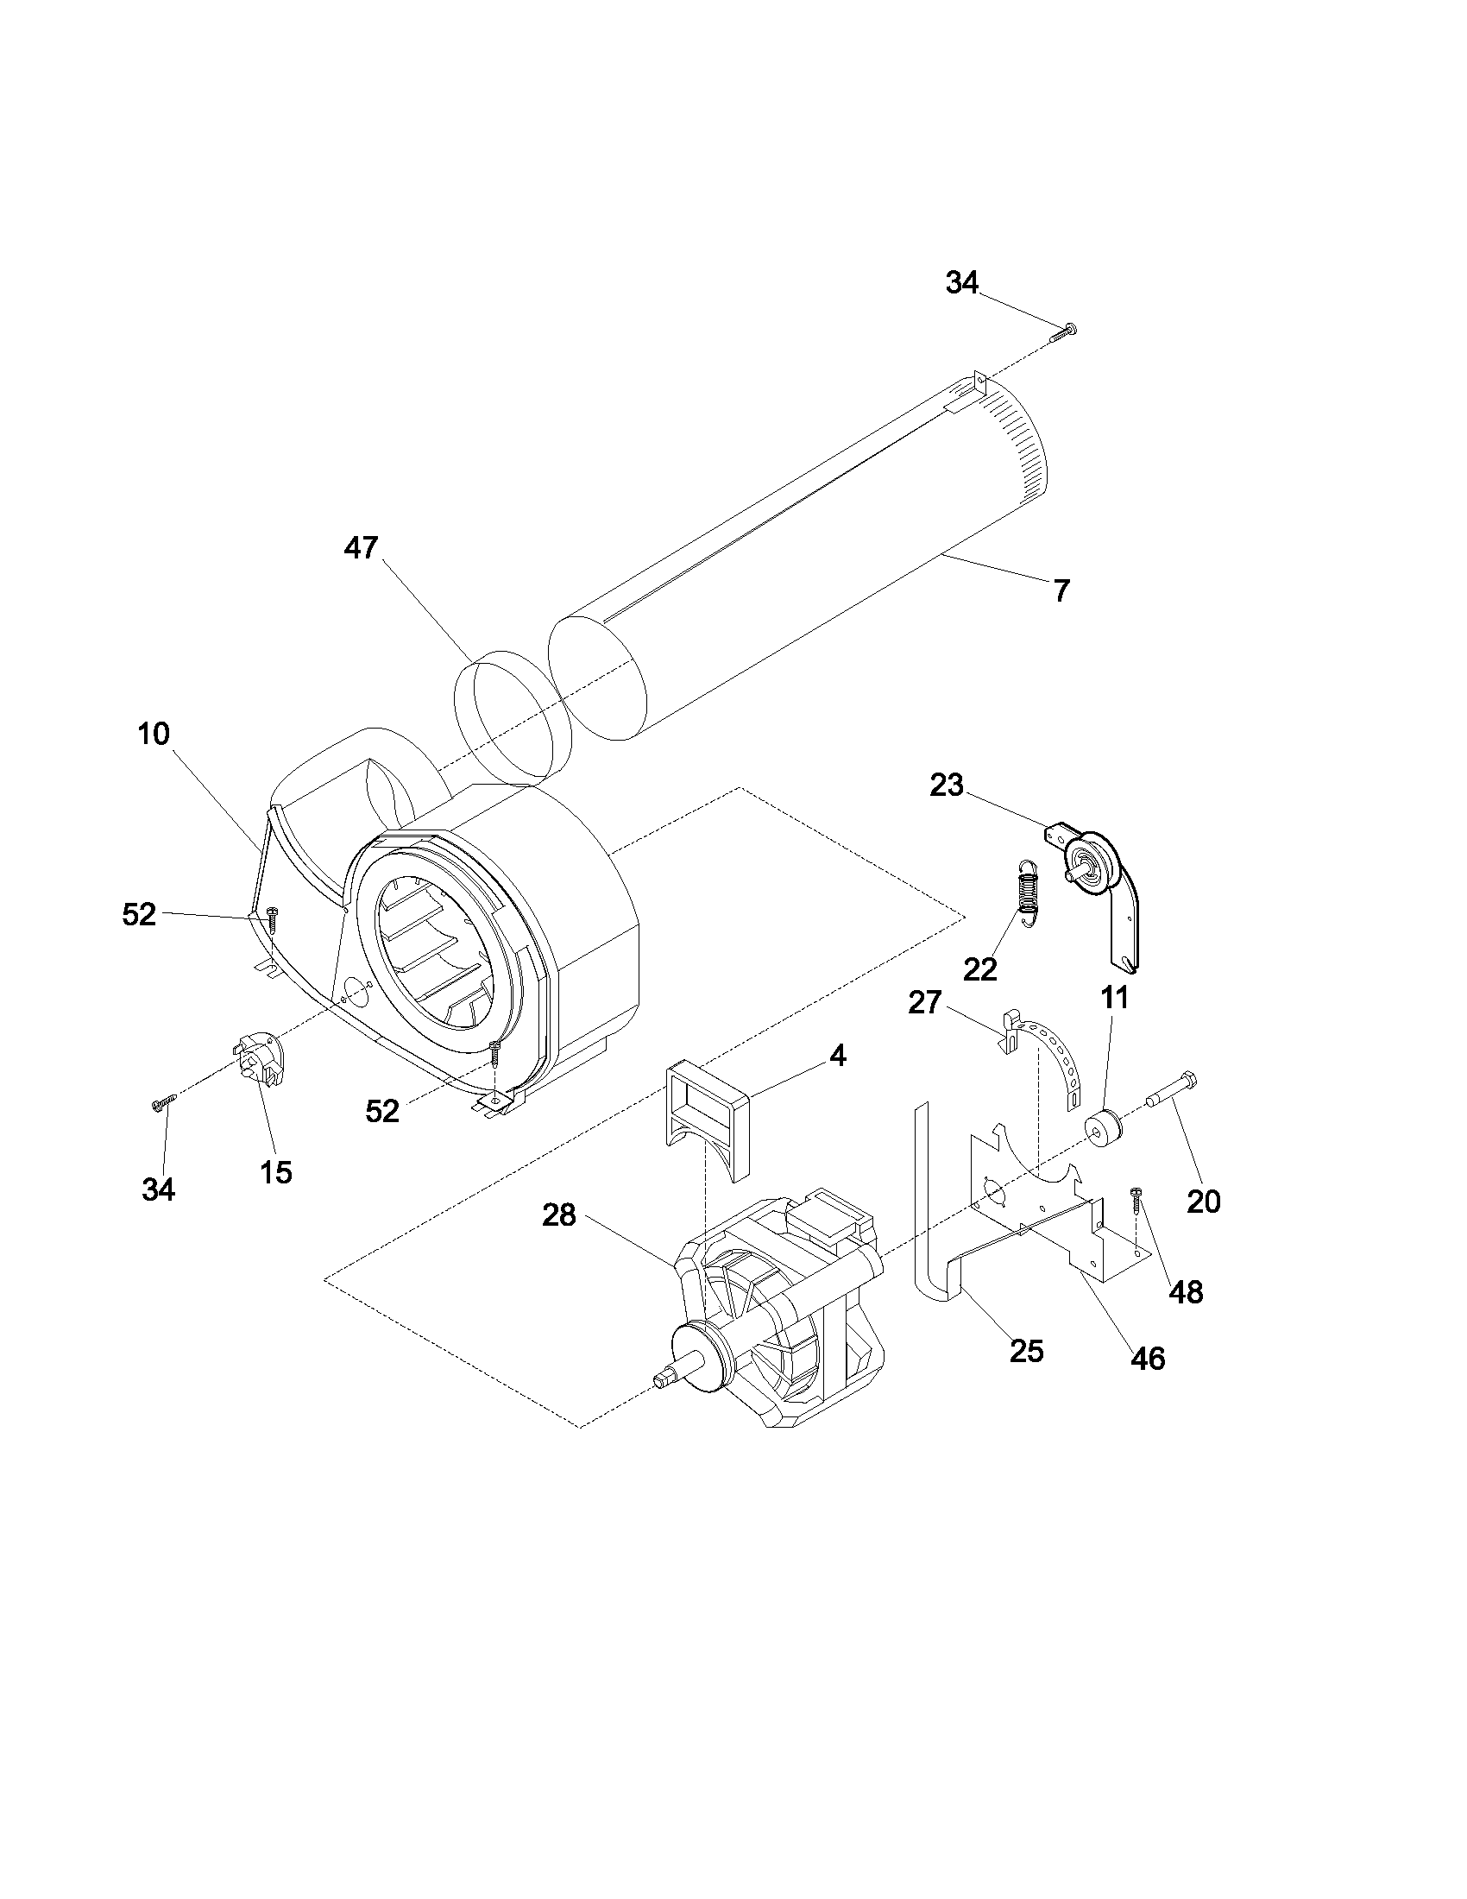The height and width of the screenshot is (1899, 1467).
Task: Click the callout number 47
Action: (361, 548)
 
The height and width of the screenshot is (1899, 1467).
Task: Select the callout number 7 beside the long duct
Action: (1061, 591)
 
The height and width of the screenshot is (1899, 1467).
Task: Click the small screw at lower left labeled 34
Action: (163, 1103)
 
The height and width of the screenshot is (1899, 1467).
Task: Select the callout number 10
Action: (153, 734)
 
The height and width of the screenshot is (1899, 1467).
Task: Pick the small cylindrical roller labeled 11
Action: (1105, 1131)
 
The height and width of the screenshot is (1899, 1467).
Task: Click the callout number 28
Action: (559, 1215)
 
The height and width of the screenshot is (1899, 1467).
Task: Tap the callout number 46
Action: (1148, 1358)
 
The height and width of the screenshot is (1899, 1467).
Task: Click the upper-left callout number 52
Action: (139, 915)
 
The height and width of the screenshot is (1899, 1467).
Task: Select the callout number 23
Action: (947, 785)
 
